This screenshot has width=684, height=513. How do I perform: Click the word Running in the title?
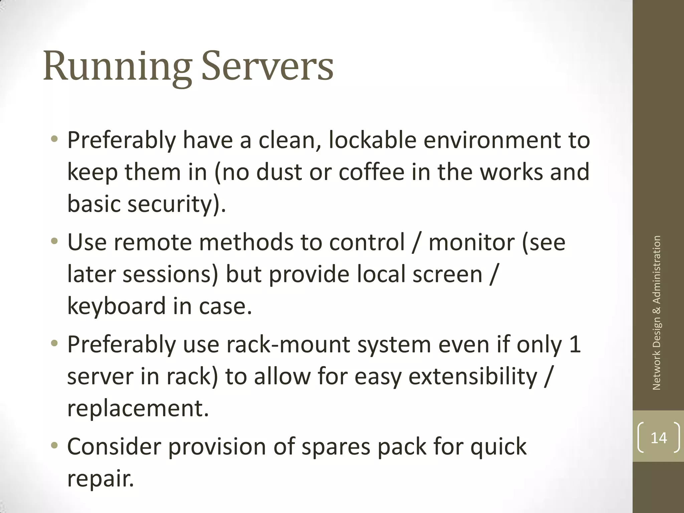click(x=117, y=67)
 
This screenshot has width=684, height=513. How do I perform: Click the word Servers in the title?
click(x=267, y=67)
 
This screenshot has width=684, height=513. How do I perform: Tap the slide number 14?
click(x=659, y=438)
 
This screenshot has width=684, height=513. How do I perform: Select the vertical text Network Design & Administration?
click(x=657, y=313)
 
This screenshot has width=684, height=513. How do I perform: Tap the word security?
click(x=170, y=204)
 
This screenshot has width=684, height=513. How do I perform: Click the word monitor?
click(x=471, y=242)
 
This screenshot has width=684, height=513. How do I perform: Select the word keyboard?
click(x=117, y=306)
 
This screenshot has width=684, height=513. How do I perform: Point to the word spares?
click(x=336, y=446)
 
